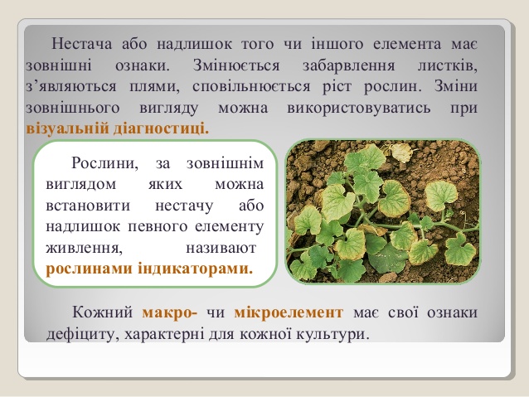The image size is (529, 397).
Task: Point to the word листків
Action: (449, 64)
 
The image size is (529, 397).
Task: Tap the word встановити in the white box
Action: (81, 205)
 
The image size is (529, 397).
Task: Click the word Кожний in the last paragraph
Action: (103, 313)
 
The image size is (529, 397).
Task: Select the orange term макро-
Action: (169, 313)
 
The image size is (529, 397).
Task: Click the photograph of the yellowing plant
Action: (382, 212)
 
